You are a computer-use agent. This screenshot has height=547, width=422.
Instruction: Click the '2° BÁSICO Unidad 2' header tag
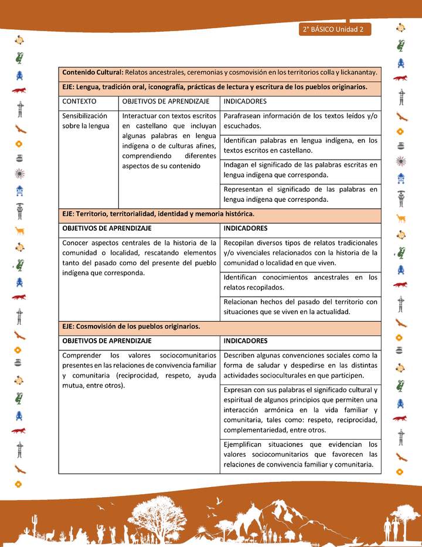[x=334, y=29]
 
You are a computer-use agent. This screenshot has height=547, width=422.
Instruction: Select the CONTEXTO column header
[x=79, y=102]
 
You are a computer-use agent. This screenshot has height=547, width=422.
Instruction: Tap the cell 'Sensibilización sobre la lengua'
[x=86, y=121]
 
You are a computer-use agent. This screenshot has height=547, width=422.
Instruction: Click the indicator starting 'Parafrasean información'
[x=300, y=121]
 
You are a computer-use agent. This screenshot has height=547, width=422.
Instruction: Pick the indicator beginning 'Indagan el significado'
[x=300, y=170]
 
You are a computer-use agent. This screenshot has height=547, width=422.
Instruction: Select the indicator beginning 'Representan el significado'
[x=300, y=194]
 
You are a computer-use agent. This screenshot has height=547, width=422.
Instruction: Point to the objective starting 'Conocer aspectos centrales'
[x=139, y=258]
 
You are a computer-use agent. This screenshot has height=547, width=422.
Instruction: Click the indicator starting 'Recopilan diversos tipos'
[x=300, y=252]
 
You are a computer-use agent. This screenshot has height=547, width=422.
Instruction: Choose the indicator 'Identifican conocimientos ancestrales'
[x=300, y=282]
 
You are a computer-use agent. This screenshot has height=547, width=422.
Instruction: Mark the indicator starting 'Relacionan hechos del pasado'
[x=300, y=307]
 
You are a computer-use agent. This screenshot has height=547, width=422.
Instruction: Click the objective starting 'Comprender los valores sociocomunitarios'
[x=139, y=370]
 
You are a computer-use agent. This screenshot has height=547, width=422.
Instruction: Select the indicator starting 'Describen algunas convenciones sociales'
[x=300, y=365]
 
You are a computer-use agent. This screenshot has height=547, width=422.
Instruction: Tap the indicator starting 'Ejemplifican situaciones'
[x=300, y=454]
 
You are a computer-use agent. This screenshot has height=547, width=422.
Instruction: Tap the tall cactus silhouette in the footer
[x=35, y=522]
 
